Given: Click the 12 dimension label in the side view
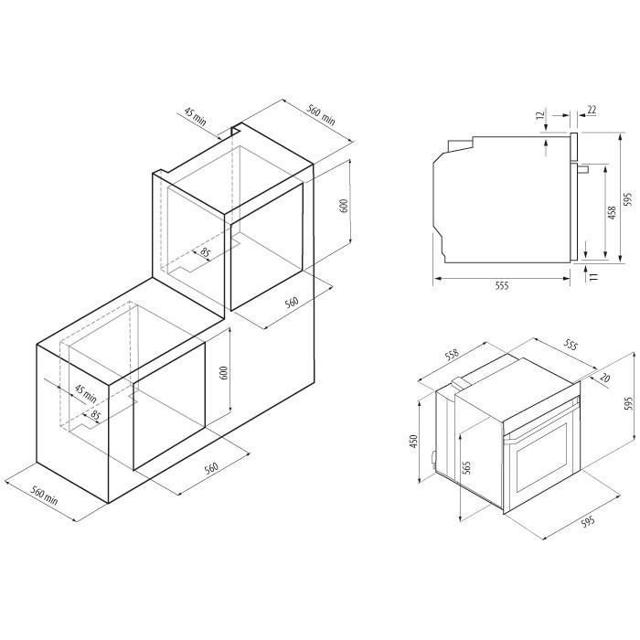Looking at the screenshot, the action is [541, 115].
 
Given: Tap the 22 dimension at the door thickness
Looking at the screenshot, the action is [592, 110].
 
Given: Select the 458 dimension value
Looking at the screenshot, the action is [612, 213].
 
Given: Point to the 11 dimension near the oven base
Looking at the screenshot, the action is [594, 276].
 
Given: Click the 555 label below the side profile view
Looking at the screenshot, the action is [502, 285].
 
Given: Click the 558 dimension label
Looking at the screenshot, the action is [452, 355].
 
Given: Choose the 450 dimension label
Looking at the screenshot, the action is [414, 442].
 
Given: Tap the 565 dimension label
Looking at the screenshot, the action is [467, 467].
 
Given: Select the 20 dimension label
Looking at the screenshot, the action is [605, 378].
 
